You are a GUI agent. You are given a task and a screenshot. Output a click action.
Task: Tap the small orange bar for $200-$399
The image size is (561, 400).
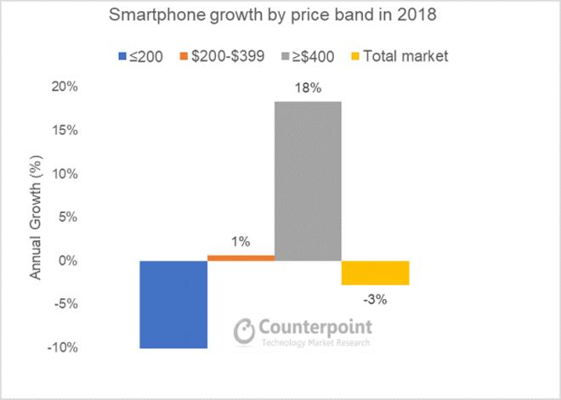pyautogui.click(x=241, y=257)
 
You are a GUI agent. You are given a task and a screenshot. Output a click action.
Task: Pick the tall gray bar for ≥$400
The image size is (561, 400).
pyautogui.click(x=308, y=181)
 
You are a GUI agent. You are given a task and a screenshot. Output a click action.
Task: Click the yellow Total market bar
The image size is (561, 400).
pyautogui.click(x=375, y=273)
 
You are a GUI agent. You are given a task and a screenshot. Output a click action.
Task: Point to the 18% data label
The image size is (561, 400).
pyautogui.click(x=308, y=87)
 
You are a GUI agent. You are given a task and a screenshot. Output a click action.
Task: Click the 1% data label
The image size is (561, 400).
pyautogui.click(x=241, y=242)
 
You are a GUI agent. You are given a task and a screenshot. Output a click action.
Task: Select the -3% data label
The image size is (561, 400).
pyautogui.click(x=376, y=299)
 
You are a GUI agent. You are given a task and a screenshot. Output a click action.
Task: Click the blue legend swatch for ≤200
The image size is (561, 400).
pyautogui.click(x=122, y=57)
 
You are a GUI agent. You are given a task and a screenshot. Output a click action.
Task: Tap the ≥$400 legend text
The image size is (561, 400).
pyautogui.click(x=309, y=57)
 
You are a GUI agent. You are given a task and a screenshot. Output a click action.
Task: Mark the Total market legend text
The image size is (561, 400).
pyautogui.click(x=405, y=57)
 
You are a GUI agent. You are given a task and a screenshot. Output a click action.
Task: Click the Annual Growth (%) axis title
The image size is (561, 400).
pyautogui.click(x=37, y=217)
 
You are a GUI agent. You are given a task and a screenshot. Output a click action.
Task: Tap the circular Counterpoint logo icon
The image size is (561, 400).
pyautogui.click(x=245, y=330)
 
